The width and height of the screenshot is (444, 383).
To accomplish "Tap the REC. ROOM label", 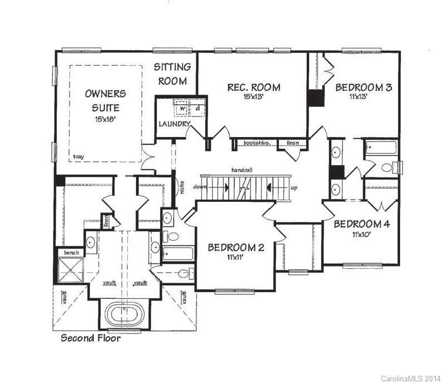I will coord(253,88).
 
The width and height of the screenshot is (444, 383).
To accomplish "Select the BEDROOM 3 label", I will coord(363,88).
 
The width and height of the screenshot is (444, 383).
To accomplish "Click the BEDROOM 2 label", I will coord(235,248).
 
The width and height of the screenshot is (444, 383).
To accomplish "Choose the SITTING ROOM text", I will coord(172,74).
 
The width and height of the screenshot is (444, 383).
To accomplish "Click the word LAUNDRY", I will coord(174,124).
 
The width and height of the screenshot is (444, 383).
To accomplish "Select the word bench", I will coord(71,253).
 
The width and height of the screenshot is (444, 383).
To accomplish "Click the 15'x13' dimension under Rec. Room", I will coord(253,97).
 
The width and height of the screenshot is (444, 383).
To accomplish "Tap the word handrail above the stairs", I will coord(243,169).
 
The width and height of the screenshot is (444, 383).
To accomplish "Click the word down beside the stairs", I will coord(201,187).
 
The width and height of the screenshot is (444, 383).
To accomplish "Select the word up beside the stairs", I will coord(293,188).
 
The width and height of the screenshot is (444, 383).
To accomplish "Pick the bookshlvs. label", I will coord(257,143).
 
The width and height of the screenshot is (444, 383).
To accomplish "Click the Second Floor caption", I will coord(90,337).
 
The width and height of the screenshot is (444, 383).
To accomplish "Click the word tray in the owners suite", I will coord(79,157).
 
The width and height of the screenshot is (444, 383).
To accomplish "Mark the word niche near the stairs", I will coord(180,187).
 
